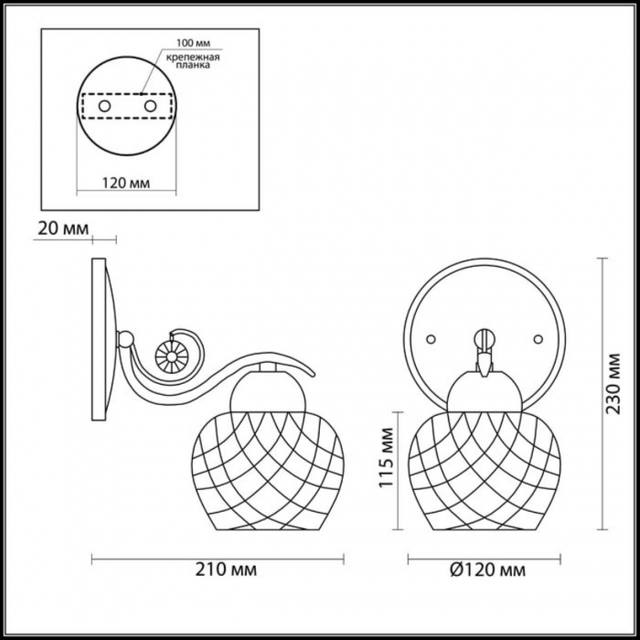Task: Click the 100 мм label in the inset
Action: pos(193,43)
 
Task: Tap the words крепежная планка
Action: pos(193,61)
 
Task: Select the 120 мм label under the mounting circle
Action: pos(126,183)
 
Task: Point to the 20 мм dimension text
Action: pos(63,229)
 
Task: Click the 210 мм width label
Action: pos(226,570)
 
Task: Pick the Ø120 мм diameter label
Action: pos(487,570)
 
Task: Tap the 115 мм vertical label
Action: pos(386,457)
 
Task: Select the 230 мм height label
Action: pos(613,384)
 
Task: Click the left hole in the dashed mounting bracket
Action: pos(104,106)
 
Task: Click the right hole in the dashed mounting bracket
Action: pos(150,106)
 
